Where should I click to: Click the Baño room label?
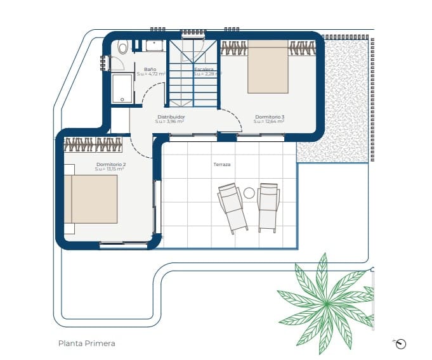coord(150,69)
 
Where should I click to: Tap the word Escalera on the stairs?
coord(204,69)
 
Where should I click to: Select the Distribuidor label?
coord(171,117)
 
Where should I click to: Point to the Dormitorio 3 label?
coord(270,117)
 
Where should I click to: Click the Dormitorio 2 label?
coord(111,164)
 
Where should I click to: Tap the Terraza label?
coord(222,164)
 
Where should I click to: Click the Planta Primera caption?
coord(86,344)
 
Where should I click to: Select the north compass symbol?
coord(400,344)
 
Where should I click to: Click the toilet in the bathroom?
coord(122,46)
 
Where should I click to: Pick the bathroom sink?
coord(155,45)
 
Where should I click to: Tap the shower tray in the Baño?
coord(122,87)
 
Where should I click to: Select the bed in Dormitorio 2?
coord(93,199)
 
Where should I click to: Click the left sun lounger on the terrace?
coord(232,207)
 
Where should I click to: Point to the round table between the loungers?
coord(249,193)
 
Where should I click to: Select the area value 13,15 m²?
coord(109,169)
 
